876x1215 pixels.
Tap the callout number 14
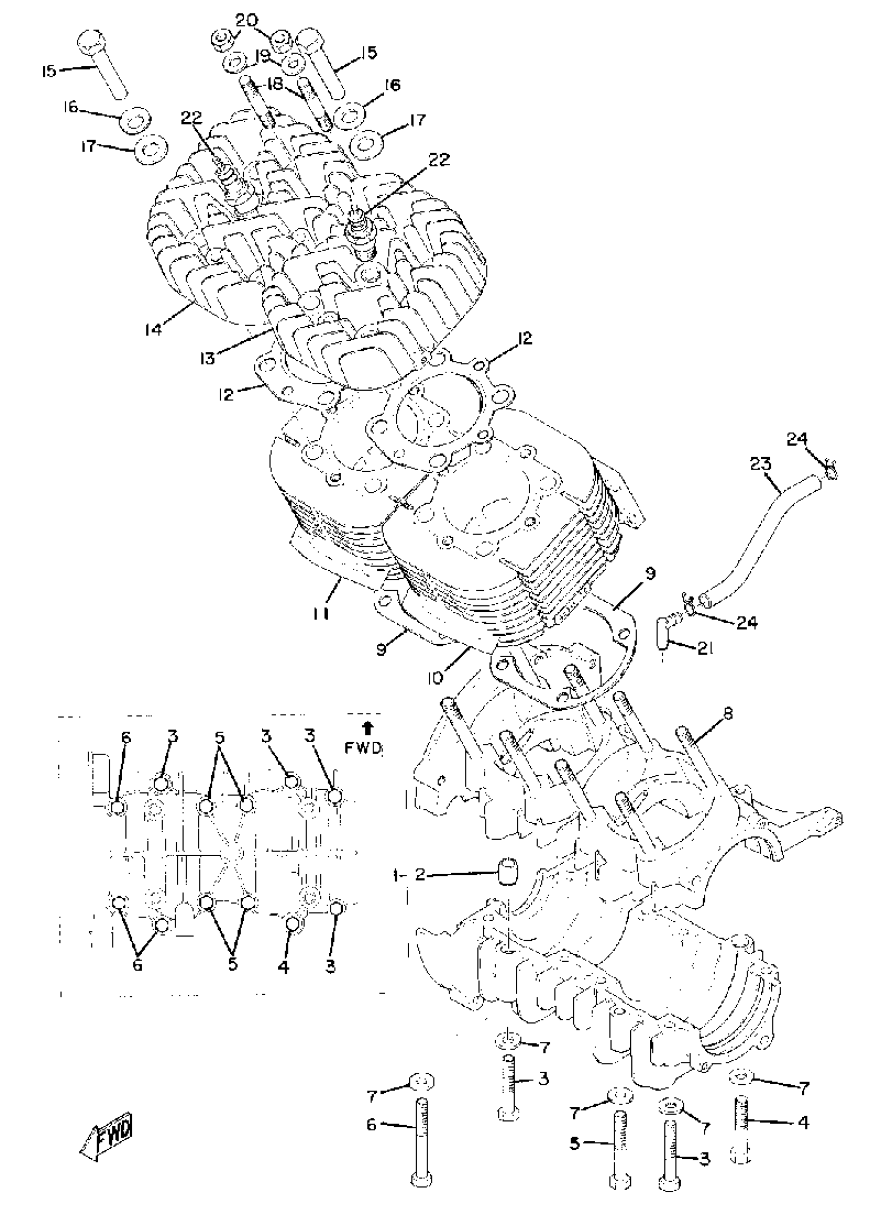153,329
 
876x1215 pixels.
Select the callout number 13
207,357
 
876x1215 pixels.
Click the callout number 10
436,678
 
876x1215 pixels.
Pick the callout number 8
728,714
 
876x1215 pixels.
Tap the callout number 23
760,464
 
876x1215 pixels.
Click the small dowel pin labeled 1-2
507,873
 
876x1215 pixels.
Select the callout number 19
262,56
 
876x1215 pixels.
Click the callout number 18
276,84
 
